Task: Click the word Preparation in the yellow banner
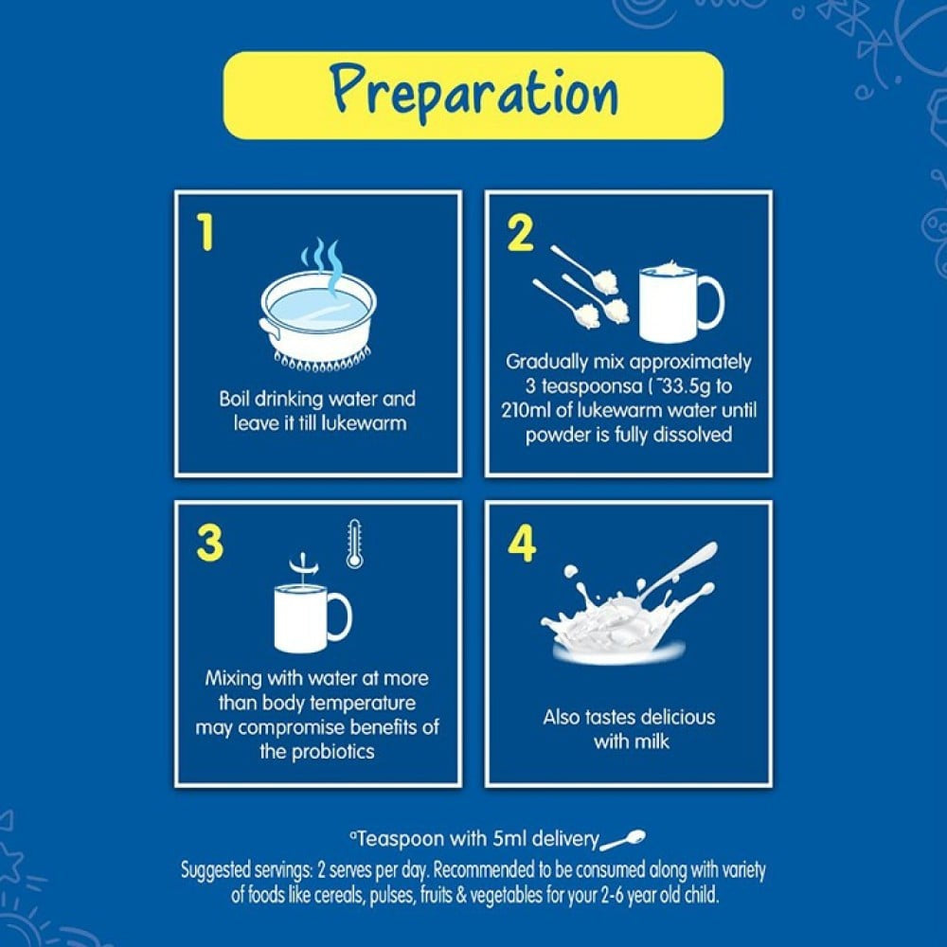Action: click(474, 95)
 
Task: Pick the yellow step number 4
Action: click(522, 544)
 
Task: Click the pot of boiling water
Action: click(318, 320)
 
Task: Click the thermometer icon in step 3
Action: click(354, 544)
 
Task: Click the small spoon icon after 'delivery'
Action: click(623, 840)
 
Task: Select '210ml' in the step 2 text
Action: click(525, 410)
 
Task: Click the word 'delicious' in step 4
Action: click(678, 717)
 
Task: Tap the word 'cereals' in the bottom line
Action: click(339, 895)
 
